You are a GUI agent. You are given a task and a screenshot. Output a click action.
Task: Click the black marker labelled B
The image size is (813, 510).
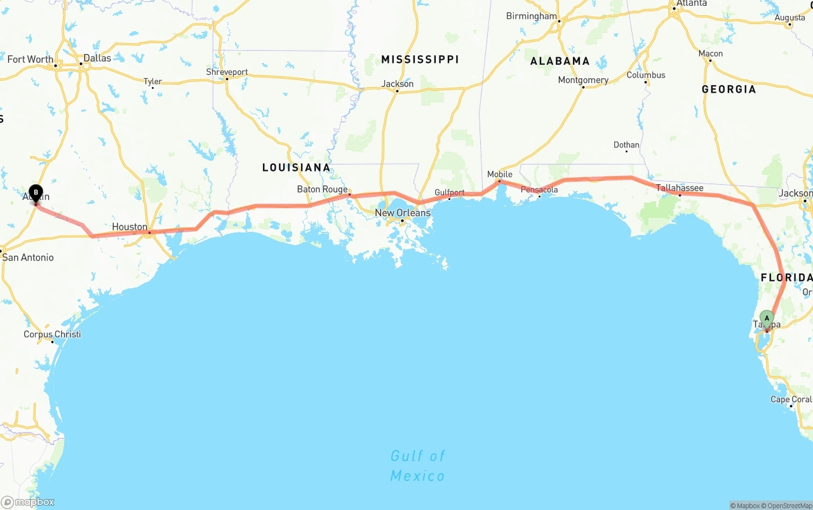coord(36,192)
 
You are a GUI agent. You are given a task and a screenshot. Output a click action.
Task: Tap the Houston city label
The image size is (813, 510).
coord(130,227)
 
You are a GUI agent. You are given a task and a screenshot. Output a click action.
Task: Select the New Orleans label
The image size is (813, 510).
coord(402,213)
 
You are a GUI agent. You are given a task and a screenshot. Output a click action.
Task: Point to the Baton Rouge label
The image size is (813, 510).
coord(322,189)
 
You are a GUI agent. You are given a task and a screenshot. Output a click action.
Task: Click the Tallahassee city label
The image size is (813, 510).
coord(679,188)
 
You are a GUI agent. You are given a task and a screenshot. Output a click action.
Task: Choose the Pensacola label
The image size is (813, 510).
coord(539,189)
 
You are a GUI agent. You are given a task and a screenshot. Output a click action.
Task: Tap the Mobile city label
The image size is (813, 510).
coord(499,174)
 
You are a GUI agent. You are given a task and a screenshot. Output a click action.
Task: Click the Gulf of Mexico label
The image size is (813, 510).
coord(417,466)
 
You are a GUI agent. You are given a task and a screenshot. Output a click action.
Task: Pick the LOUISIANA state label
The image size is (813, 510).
coord(296,168)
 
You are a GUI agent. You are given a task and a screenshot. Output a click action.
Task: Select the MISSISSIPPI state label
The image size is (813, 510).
coord(419,59)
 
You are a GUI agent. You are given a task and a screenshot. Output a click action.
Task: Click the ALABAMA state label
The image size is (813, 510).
coord(560,61)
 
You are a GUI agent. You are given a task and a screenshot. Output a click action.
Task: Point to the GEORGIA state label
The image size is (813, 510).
coord(729,90)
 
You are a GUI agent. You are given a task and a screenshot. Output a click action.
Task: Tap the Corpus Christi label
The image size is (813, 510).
coord(52,334)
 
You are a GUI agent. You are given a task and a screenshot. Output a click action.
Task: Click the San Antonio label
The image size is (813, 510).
coord(28,257)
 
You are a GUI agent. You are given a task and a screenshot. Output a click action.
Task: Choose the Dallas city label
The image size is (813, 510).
coord(97,58)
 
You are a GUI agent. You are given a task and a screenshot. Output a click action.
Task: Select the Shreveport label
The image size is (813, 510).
coord(227,72)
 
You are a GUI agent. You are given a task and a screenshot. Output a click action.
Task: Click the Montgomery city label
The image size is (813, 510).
coord(583,80)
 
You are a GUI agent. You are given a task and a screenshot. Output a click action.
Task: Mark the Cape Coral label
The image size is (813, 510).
coord(790,399)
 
